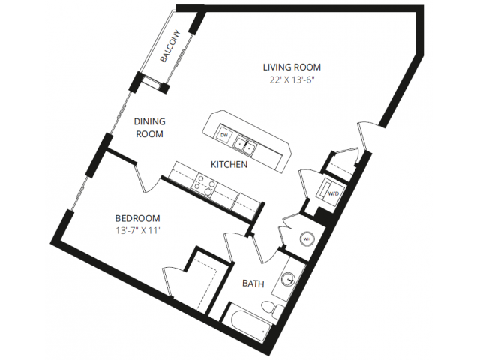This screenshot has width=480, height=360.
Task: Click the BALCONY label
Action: click(x=171, y=46)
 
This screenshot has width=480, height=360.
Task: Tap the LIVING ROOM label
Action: click(x=292, y=67)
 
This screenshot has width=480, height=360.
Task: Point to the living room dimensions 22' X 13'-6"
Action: click(x=292, y=80)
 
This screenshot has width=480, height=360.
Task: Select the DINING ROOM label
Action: click(x=150, y=128)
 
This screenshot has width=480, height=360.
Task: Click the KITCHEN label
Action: click(x=229, y=165)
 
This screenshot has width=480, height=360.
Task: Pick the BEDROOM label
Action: click(x=137, y=218)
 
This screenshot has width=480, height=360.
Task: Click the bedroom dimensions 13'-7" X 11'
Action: click(x=138, y=230)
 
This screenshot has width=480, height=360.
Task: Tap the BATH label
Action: click(x=253, y=283)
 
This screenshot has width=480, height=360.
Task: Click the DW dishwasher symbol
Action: click(x=224, y=135)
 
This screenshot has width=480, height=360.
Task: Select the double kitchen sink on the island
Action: click(x=246, y=146)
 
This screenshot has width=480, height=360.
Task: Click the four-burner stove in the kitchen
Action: click(x=204, y=185)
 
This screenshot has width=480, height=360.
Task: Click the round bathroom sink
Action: click(x=288, y=279)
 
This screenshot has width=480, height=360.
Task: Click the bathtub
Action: click(x=246, y=324)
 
